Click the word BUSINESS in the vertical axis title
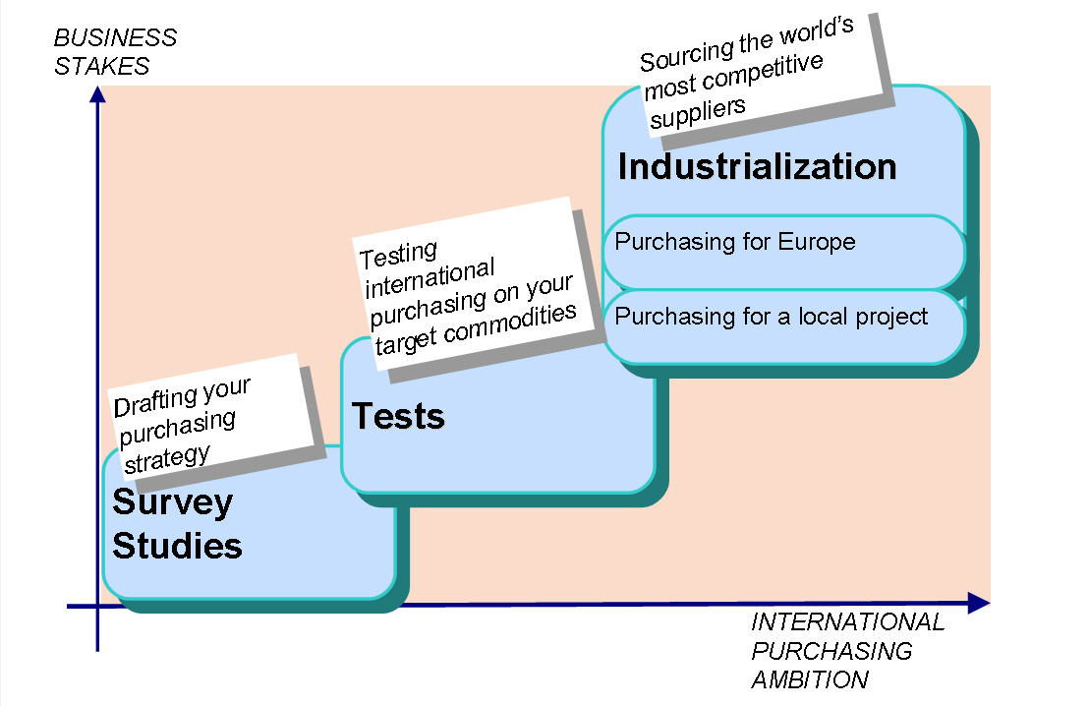click(115, 38)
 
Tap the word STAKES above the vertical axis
click(102, 67)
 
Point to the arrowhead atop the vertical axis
click(96, 95)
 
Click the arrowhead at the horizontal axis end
click(978, 603)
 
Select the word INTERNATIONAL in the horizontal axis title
click(847, 622)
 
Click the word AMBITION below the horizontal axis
click(810, 679)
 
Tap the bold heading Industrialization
click(757, 166)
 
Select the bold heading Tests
click(398, 416)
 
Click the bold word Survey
click(173, 501)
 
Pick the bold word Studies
click(177, 545)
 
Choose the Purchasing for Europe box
click(783, 252)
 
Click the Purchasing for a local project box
click(783, 326)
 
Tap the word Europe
click(817, 242)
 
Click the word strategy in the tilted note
click(166, 456)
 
